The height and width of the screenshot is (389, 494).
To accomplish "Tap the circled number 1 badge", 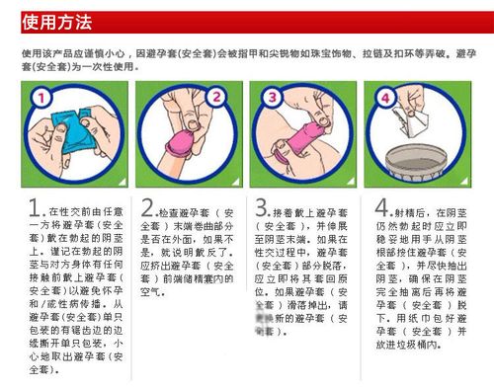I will pos(40,99).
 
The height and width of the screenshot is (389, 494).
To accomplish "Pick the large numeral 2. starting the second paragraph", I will pos(148,209).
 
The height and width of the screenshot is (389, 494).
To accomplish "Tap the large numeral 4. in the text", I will pos(381,209).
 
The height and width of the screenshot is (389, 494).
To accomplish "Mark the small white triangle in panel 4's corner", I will pos(467,177).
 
